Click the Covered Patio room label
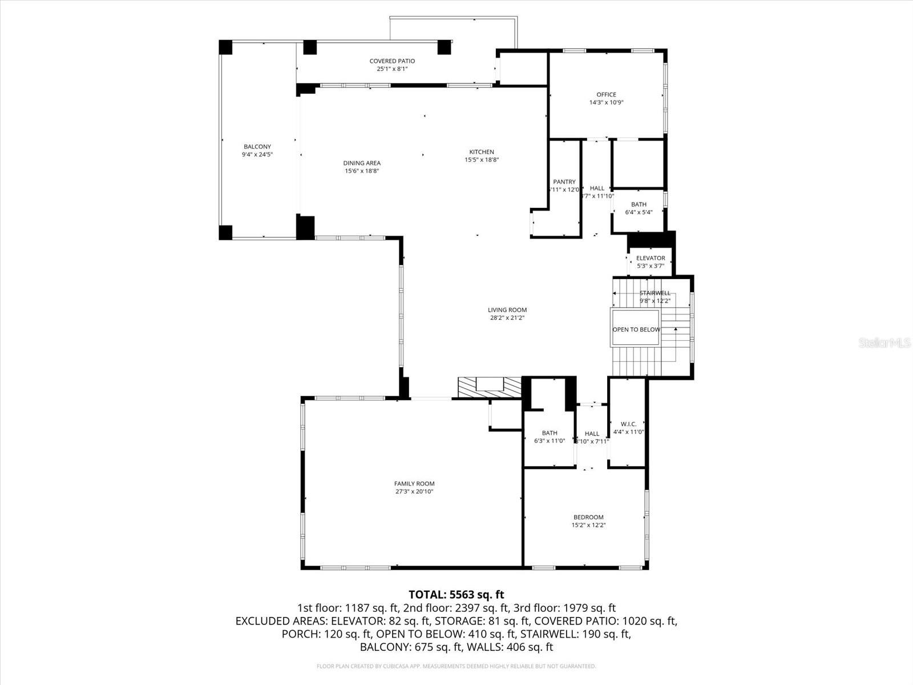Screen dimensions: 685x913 tap(392, 61)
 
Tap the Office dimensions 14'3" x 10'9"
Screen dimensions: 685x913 tap(606, 103)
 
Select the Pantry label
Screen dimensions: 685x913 tap(564, 182)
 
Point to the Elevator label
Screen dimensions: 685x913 tap(651, 258)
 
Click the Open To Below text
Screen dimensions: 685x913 tap(636, 329)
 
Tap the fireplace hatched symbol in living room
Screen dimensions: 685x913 tap(490, 388)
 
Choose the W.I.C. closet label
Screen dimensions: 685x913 tap(628, 424)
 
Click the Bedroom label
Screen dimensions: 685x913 tap(588, 517)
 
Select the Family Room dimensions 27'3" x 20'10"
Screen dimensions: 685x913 tap(414, 491)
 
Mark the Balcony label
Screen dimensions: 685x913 tap(257, 147)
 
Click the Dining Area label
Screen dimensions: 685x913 tap(362, 163)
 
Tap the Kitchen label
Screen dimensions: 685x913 tap(482, 152)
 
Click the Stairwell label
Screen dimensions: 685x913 tap(655, 293)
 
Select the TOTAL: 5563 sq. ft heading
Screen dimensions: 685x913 tap(457, 595)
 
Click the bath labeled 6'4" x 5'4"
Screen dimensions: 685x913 tap(639, 204)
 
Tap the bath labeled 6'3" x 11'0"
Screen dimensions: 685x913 tap(550, 433)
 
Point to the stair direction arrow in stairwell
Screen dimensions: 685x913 tap(676, 330)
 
